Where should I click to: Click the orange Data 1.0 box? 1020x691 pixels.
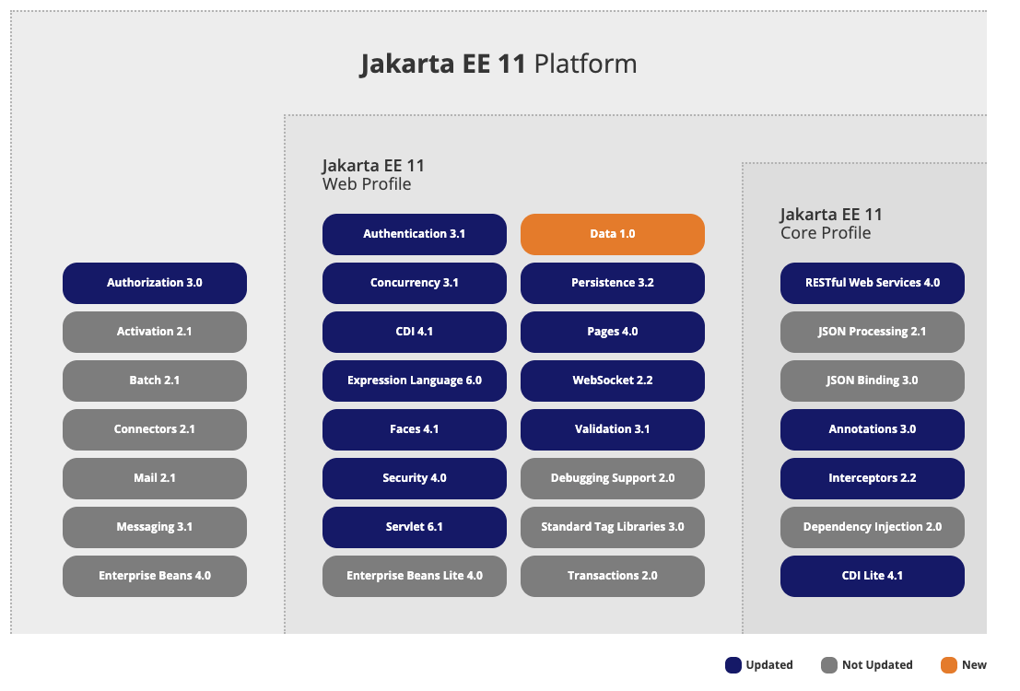(613, 234)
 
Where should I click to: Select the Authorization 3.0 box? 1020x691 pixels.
(155, 283)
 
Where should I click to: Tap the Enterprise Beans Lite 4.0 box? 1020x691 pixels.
(415, 576)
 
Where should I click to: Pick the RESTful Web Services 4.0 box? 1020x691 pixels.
(873, 283)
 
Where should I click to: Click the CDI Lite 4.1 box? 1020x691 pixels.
(873, 576)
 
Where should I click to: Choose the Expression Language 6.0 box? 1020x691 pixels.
(415, 381)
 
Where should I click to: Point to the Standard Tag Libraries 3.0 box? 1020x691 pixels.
(613, 527)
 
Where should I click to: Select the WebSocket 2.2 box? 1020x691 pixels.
(613, 381)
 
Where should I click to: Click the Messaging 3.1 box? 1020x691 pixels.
(155, 527)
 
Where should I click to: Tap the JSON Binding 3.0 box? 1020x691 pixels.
(873, 381)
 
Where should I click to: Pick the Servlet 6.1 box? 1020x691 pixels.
(415, 527)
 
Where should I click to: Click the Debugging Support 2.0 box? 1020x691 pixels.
(613, 478)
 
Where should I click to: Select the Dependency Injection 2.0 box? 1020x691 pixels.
(873, 527)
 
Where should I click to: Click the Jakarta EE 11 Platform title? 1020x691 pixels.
(498, 64)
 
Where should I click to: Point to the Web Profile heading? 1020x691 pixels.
(367, 184)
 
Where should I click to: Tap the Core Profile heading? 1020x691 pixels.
(825, 233)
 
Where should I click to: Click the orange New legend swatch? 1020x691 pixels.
(948, 665)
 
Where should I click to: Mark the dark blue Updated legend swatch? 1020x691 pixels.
(733, 665)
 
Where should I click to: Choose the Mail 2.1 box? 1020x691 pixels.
(155, 478)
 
